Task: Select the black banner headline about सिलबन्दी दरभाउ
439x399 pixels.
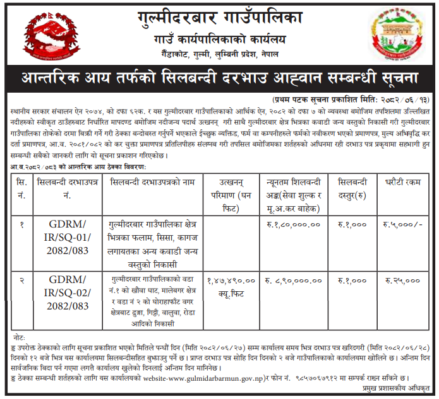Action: (220, 80)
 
